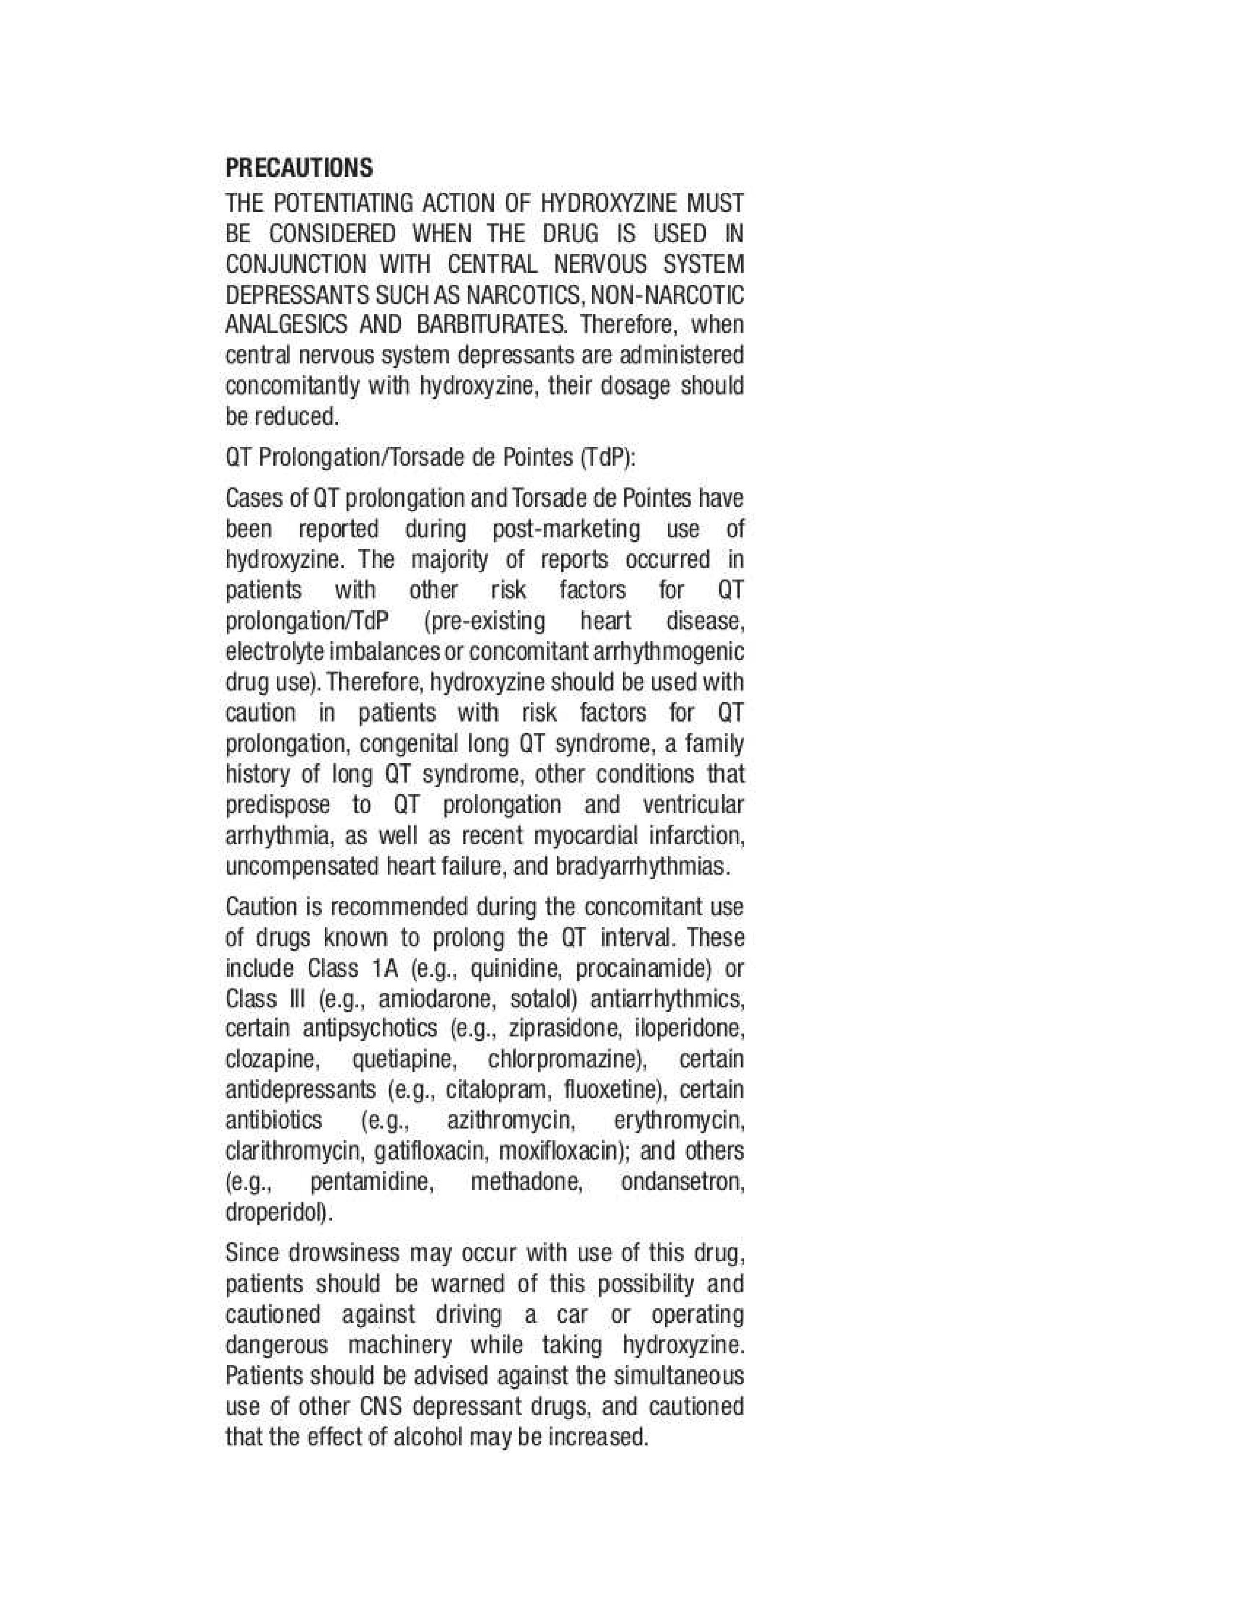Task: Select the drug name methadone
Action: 526,1182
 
